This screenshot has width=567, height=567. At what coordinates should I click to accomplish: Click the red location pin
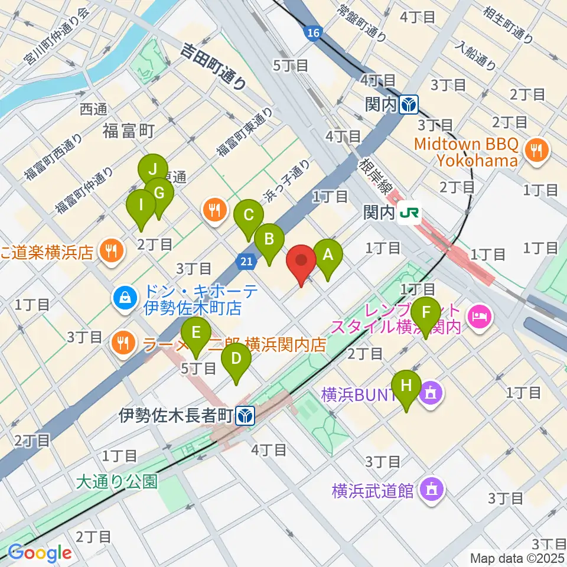302,260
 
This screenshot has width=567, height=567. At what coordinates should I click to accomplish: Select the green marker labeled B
269,240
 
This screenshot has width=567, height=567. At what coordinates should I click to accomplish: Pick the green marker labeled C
249,215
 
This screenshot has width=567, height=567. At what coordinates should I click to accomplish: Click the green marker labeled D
236,359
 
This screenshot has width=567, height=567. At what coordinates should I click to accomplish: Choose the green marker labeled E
197,332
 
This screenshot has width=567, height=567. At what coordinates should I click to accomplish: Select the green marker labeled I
142,206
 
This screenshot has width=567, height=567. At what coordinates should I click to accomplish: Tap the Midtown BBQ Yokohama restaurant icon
537,150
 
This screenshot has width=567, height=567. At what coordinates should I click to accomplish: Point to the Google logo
40,553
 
